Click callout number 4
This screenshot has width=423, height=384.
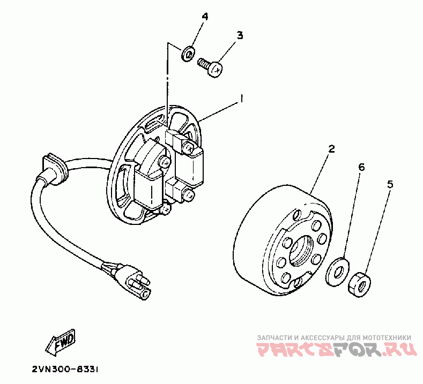204,16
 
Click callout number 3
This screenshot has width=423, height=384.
240,35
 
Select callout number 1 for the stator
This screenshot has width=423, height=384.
242,99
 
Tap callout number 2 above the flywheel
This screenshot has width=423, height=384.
331,149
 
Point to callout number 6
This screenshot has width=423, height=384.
361,167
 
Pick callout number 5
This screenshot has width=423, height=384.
390,184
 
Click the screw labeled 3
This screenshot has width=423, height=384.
210,67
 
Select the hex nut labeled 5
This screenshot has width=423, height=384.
359,283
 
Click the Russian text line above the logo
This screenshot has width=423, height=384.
334,338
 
